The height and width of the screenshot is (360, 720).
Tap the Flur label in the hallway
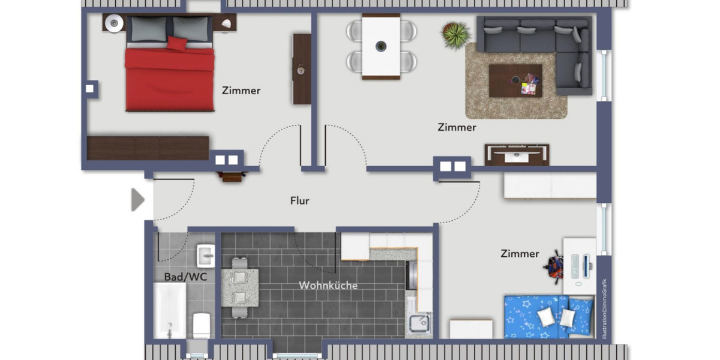[299, 201]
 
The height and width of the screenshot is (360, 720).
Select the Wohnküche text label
[328, 286]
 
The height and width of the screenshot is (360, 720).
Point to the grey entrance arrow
[137, 200]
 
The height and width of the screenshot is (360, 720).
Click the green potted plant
[456, 34]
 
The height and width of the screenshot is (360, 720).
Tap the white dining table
[380, 47]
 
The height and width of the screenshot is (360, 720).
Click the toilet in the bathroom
[200, 326]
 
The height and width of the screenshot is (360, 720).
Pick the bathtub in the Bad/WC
[169, 311]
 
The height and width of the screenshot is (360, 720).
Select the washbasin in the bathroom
[205, 256]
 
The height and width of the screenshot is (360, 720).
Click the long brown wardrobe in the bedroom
[148, 148]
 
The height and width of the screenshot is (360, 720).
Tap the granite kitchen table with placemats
[239, 287]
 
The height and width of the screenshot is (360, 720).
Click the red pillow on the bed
[177, 43]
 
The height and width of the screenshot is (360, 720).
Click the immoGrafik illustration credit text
[605, 310]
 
